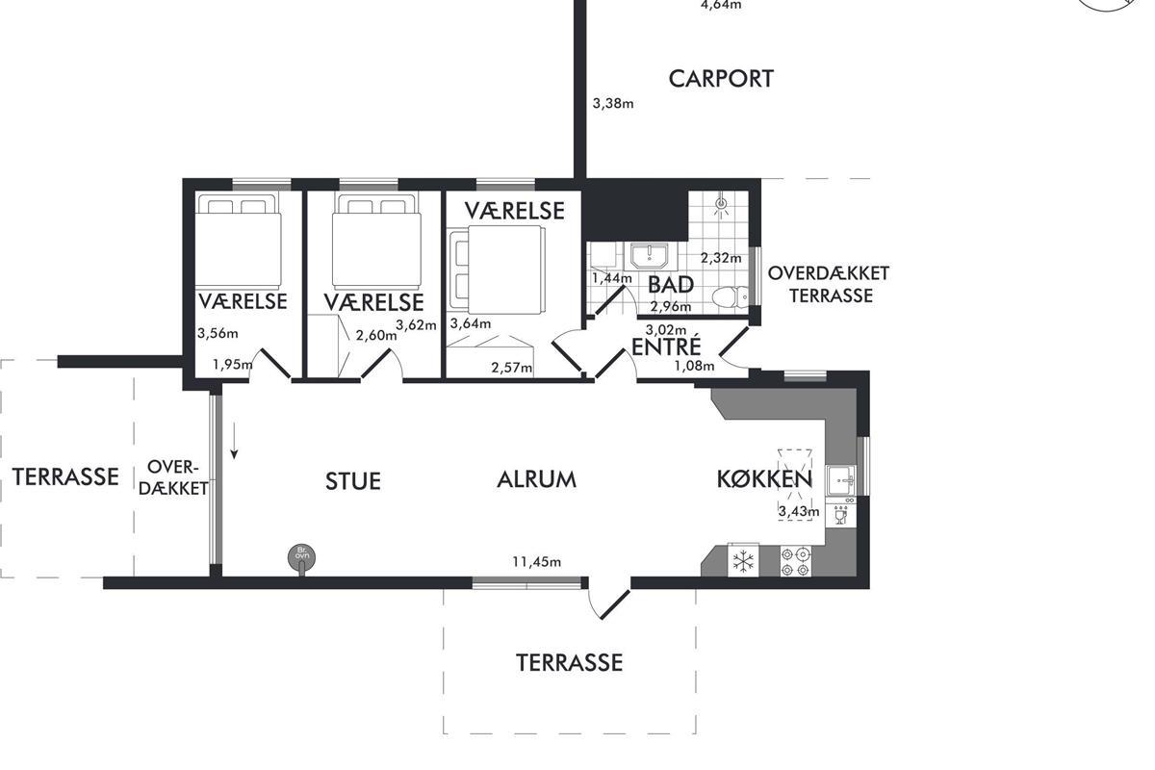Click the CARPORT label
pyautogui.click(x=721, y=79)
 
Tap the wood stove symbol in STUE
pyautogui.click(x=301, y=558)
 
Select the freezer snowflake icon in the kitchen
pyautogui.click(x=743, y=560)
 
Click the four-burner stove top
pyautogui.click(x=795, y=562)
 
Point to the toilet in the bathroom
pyautogui.click(x=731, y=297)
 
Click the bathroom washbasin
pyautogui.click(x=650, y=256)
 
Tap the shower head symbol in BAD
pyautogui.click(x=721, y=204)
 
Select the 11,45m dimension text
pyautogui.click(x=536, y=561)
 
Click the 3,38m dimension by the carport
pyautogui.click(x=613, y=104)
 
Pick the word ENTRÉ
pyautogui.click(x=666, y=346)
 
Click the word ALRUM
pyautogui.click(x=536, y=479)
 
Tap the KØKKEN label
pyautogui.click(x=764, y=479)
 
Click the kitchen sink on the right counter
pyautogui.click(x=840, y=480)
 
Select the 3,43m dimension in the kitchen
pyautogui.click(x=799, y=512)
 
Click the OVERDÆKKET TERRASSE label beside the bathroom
pyautogui.click(x=829, y=284)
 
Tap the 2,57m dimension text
pyautogui.click(x=511, y=368)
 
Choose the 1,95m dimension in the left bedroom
pyautogui.click(x=233, y=365)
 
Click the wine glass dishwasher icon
pyautogui.click(x=840, y=515)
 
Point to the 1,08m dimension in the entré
pyautogui.click(x=695, y=366)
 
